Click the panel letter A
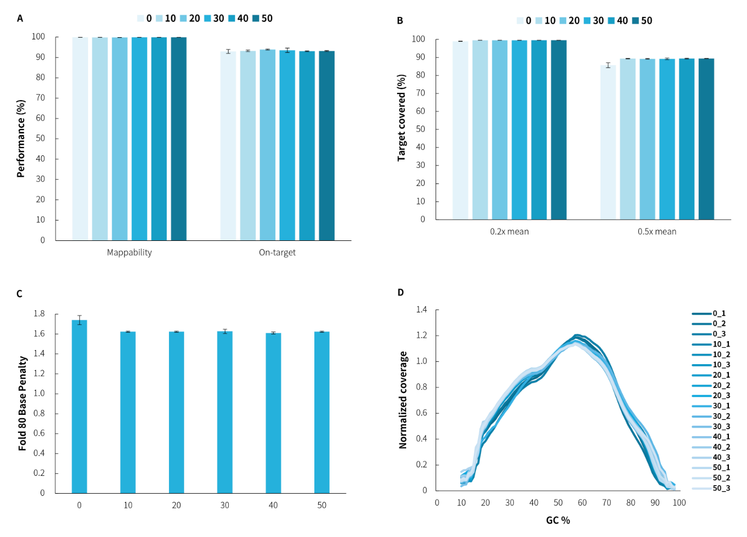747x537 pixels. coord(20,19)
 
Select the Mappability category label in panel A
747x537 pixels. coord(130,252)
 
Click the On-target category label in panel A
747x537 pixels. coord(277,252)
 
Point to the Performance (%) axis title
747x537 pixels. coord(21,138)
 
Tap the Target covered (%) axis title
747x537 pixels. coord(402,118)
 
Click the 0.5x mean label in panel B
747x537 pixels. coord(657,231)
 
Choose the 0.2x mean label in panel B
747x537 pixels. coord(509,231)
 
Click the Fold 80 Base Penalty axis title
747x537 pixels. coord(23,403)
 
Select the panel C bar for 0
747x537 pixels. coord(79,406)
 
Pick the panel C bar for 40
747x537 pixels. coord(273,413)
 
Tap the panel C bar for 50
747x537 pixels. coord(322,412)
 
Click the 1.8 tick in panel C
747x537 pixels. coord(39,314)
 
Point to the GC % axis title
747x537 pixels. coord(558,520)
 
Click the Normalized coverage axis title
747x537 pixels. coord(403,400)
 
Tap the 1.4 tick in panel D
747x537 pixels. coord(421,310)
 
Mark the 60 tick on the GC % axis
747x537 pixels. coord(582,503)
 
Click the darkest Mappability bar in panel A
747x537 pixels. coord(179,138)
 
